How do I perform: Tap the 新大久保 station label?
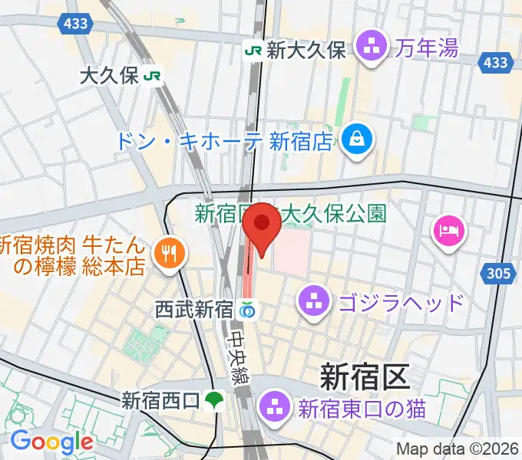[306, 51]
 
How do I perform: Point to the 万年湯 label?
[428, 49]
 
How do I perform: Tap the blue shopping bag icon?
[358, 140]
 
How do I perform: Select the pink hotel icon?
[448, 229]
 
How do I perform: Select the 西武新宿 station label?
[193, 310]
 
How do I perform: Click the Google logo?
[51, 442]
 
